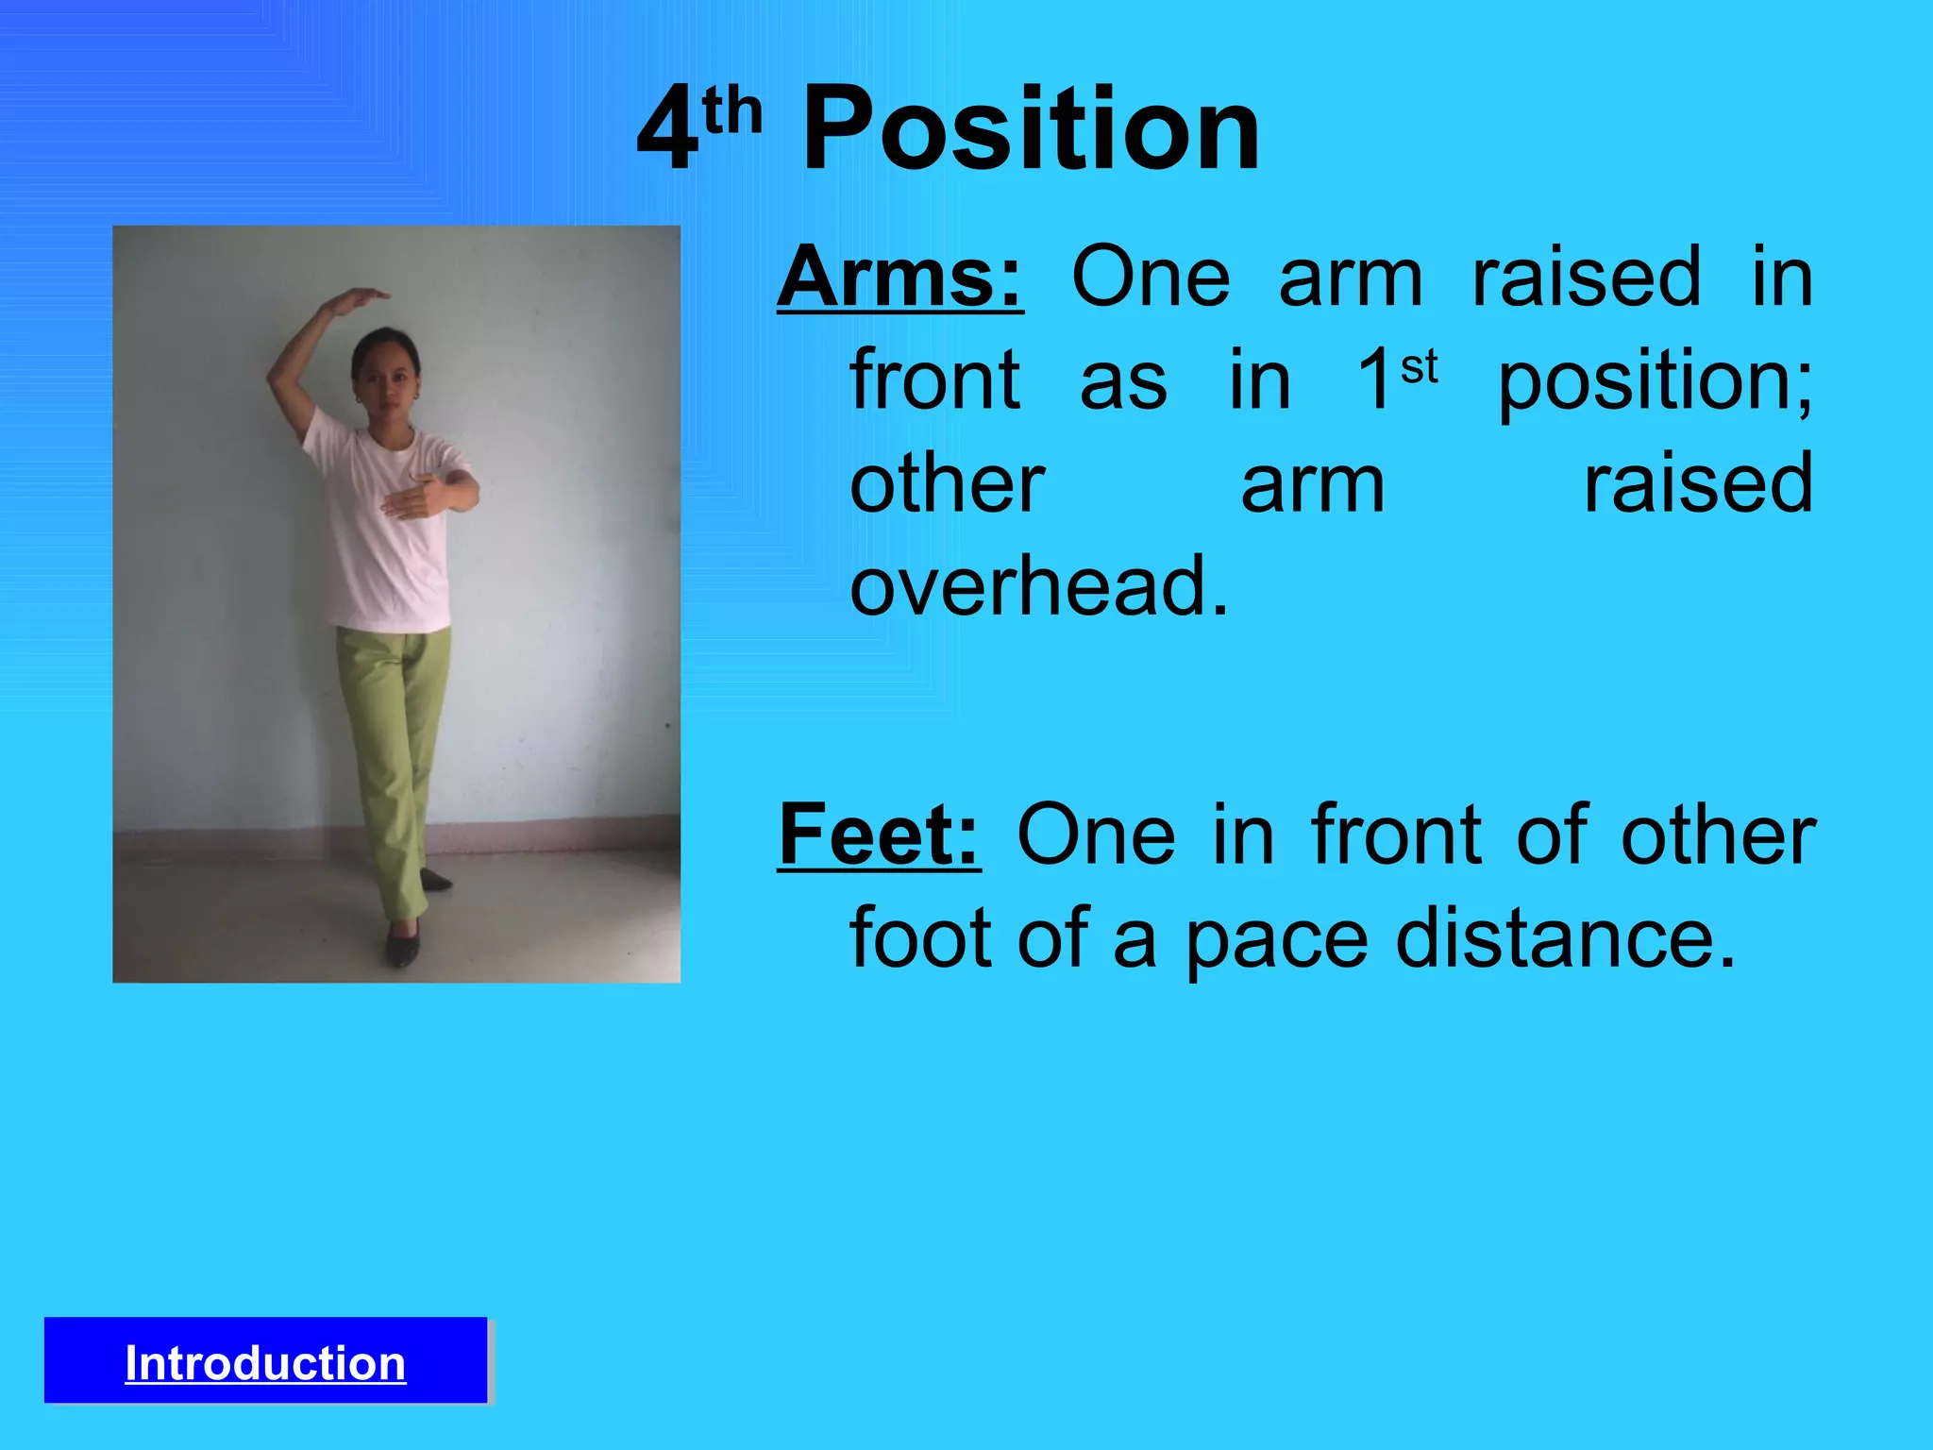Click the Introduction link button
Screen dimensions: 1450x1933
265,1363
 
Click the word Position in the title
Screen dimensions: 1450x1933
1031,129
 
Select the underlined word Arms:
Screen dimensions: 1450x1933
899,278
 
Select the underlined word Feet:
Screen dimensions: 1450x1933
879,835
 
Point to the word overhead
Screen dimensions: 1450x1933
1038,586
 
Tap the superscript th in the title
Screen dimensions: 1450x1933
732,111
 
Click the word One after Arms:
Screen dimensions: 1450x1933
1151,278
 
